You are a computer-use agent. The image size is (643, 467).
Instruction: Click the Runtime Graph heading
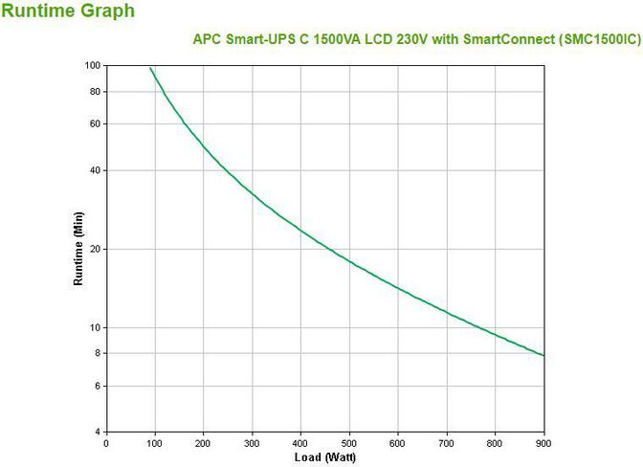(68, 11)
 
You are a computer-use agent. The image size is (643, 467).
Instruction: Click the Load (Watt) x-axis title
(325, 457)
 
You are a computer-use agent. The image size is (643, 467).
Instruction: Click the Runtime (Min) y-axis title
(79, 249)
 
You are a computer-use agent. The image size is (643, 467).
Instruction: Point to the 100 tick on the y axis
(93, 65)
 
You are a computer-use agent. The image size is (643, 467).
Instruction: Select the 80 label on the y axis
(95, 92)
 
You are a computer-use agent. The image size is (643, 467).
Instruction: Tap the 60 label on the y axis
(95, 124)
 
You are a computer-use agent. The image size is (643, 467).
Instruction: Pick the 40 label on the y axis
(95, 170)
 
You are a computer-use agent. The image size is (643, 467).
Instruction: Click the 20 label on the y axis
(95, 249)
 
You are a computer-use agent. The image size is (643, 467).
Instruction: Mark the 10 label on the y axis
(95, 327)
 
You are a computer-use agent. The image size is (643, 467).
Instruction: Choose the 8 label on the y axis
(98, 353)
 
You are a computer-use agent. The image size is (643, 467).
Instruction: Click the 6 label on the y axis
(98, 386)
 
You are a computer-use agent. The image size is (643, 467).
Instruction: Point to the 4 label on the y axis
(98, 432)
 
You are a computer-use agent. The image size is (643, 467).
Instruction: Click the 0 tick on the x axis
(106, 443)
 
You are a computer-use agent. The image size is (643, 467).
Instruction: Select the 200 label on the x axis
(203, 443)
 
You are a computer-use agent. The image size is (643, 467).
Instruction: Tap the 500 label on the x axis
(349, 443)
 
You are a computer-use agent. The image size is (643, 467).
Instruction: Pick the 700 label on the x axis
(447, 443)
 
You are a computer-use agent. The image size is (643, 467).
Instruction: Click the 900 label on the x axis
(543, 443)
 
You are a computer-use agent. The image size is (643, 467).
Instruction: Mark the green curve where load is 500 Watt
(349, 260)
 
